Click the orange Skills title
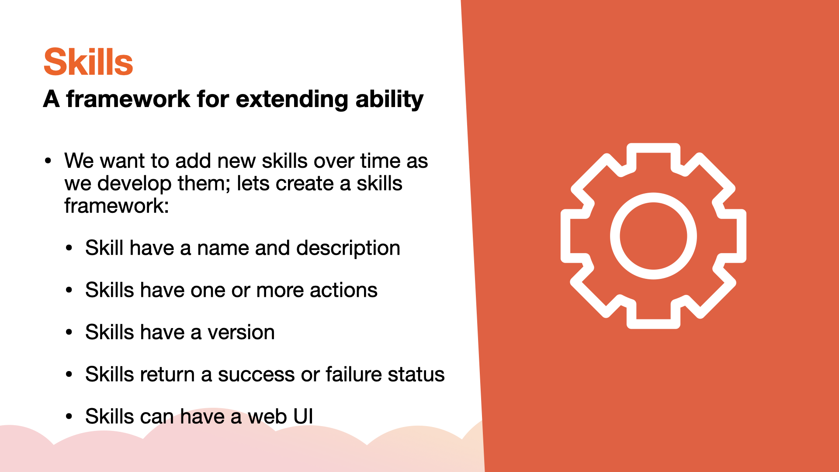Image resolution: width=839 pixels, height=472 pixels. pos(88,62)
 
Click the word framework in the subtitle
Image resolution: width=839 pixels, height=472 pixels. pos(128,99)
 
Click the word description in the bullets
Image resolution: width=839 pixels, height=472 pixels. pos(348,249)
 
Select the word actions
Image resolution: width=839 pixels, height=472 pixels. pos(343,290)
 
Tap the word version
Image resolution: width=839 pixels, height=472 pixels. pos(241,333)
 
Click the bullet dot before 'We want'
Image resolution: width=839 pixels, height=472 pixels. pos(48,161)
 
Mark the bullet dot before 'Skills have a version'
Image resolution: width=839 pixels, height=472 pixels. pos(69,332)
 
